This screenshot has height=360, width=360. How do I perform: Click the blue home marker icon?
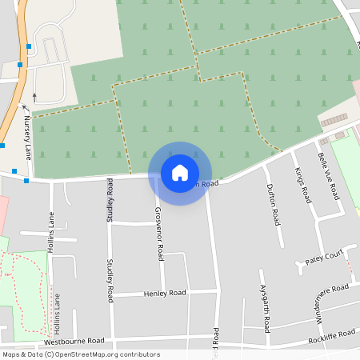click(180, 172)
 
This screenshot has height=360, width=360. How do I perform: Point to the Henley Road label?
click(165, 294)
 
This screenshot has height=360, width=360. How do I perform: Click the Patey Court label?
click(324, 257)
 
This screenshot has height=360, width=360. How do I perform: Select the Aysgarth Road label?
click(265, 307)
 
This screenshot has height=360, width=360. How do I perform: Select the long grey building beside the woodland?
click(335, 119)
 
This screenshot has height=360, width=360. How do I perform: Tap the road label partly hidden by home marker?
click(204, 183)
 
